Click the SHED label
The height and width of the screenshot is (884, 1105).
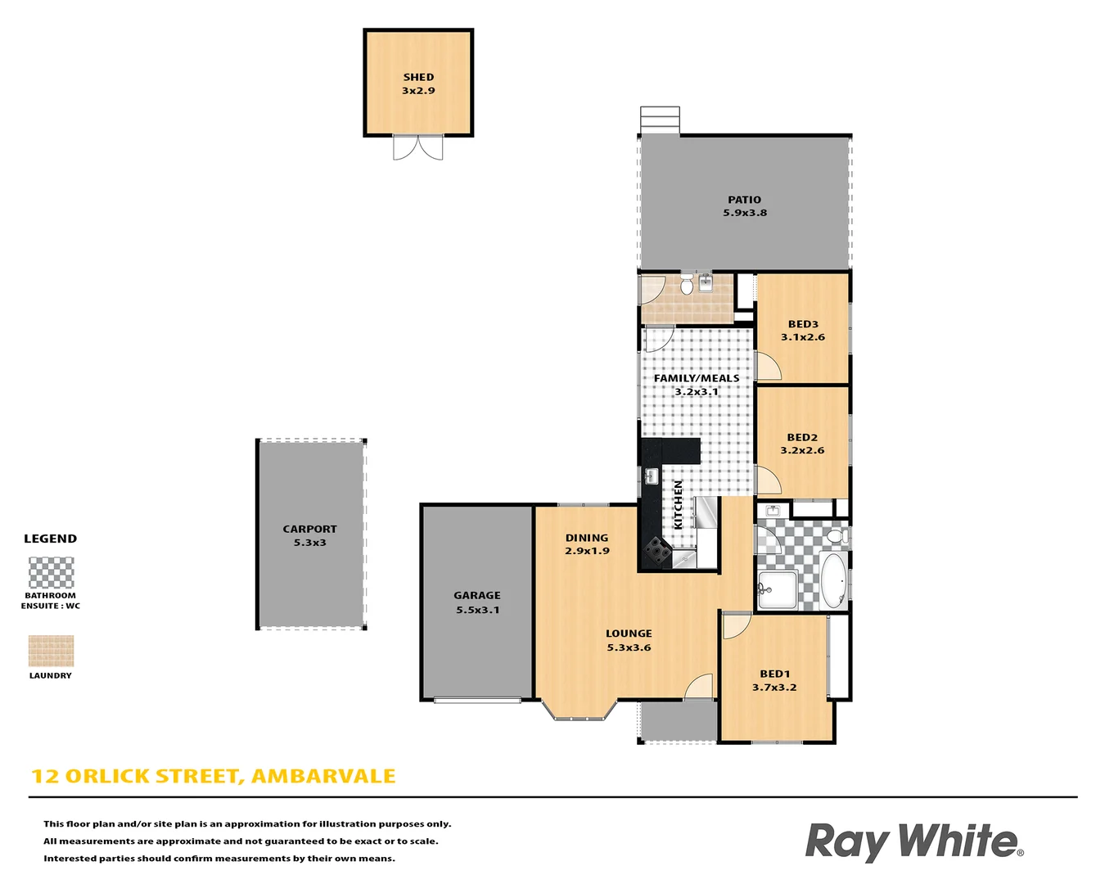click(x=418, y=77)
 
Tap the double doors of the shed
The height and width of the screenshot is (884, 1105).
click(x=418, y=147)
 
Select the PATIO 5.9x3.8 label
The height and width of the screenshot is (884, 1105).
click(x=744, y=206)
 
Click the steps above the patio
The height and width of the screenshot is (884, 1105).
click(x=660, y=120)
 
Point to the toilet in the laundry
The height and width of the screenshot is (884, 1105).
click(x=687, y=286)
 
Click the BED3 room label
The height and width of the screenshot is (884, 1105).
click(x=803, y=324)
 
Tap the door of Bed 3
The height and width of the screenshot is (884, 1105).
click(x=766, y=368)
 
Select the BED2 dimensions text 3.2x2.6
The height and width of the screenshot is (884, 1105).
click(x=802, y=450)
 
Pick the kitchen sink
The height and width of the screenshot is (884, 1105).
click(x=652, y=476)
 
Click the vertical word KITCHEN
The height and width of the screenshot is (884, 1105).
click(x=678, y=504)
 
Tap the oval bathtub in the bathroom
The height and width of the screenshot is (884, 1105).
click(x=833, y=581)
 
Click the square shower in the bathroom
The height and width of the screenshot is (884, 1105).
click(x=777, y=589)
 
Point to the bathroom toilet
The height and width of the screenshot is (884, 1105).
click(x=836, y=537)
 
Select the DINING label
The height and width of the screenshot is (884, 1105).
click(x=587, y=538)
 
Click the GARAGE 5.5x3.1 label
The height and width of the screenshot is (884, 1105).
click(x=477, y=602)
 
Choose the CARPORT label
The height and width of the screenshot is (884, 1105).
click(x=309, y=529)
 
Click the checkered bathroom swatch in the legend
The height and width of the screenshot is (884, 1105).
click(x=51, y=573)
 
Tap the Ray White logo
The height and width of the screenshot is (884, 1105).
click(x=913, y=842)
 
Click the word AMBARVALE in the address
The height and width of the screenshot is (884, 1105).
click(x=323, y=776)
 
